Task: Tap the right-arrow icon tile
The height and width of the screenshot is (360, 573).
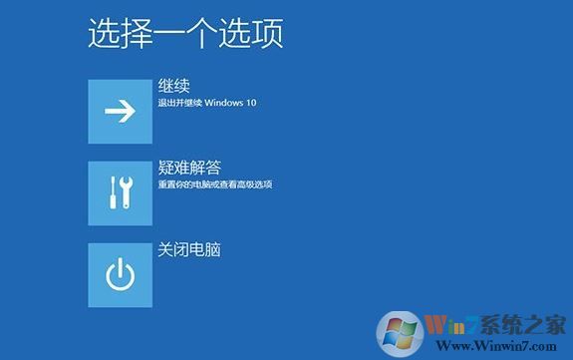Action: click(120, 111)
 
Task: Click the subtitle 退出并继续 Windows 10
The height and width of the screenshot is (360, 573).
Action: click(207, 103)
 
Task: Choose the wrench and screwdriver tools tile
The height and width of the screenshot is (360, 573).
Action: click(120, 192)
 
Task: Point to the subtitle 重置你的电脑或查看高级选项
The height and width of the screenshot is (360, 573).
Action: click(215, 184)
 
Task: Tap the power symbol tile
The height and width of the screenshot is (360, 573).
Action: click(120, 274)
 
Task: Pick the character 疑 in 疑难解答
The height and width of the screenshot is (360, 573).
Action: click(165, 168)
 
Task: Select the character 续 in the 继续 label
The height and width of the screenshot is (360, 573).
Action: click(181, 86)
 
